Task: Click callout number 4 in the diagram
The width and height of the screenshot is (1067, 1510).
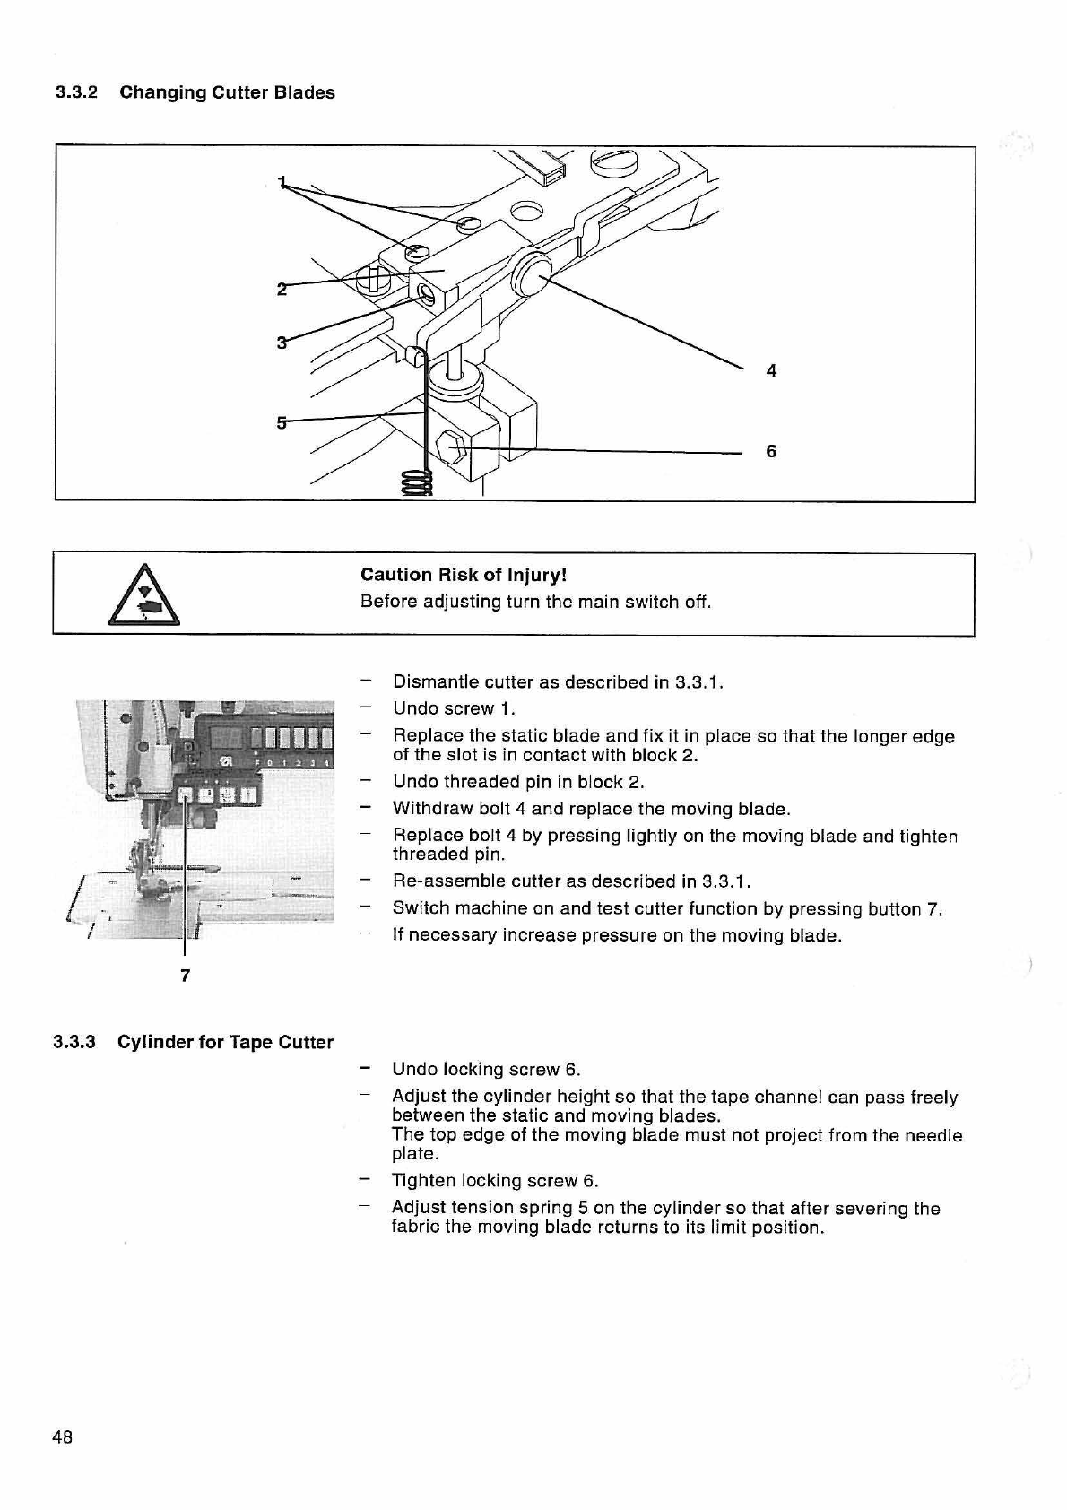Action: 771,370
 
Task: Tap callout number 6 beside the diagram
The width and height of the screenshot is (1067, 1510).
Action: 771,451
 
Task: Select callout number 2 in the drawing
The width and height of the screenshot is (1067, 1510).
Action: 282,290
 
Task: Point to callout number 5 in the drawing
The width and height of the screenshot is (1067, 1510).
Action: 282,422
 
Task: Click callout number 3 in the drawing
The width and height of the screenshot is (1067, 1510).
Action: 282,343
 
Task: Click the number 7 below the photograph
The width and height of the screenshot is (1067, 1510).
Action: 186,976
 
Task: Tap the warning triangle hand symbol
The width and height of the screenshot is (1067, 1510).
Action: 143,595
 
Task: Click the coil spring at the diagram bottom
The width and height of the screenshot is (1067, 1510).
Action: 417,482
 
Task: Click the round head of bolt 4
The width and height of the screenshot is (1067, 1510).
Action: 532,273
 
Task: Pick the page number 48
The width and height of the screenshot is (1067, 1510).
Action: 62,1437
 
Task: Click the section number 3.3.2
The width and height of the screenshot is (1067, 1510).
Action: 76,92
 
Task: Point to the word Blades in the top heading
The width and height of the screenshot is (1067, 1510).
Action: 304,92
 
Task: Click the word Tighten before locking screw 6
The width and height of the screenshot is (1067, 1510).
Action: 421,1181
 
